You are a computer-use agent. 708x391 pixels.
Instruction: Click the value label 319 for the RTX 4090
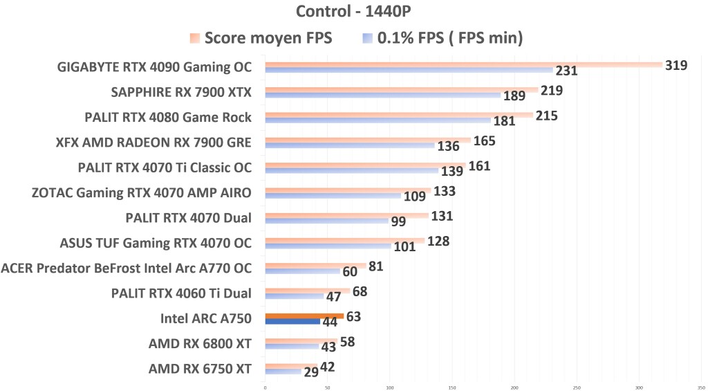(676, 66)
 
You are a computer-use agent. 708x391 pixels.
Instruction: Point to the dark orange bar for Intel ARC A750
(304, 316)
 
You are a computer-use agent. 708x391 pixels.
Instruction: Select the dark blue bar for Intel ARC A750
(292, 322)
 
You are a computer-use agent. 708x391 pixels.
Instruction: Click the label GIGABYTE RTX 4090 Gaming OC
(155, 67)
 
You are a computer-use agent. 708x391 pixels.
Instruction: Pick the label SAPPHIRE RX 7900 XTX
(182, 92)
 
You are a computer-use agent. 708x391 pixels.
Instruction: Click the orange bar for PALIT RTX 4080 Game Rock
(399, 115)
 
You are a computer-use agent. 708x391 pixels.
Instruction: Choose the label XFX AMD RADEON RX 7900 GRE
(153, 143)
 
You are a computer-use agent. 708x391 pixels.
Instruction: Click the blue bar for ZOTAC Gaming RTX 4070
(333, 196)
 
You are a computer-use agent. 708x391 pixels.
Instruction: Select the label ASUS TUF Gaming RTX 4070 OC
(156, 243)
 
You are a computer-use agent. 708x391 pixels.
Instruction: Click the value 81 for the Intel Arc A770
(375, 266)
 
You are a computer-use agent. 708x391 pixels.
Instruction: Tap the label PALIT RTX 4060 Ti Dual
(181, 293)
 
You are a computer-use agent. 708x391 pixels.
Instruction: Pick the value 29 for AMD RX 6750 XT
(312, 372)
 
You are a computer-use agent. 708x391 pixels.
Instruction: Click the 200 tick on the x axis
(515, 387)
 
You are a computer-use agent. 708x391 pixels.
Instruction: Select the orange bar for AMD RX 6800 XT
(301, 340)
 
